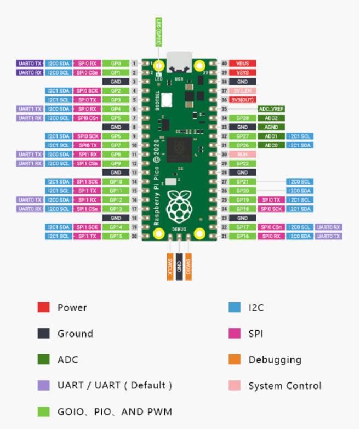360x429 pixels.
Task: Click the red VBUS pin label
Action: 243,64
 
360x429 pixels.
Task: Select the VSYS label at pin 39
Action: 243,72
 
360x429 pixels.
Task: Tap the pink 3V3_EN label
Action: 243,90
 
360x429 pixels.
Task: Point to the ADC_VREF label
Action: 271,109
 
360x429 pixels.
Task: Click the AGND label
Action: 271,127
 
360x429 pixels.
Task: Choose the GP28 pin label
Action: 243,118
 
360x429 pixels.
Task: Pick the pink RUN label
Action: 243,155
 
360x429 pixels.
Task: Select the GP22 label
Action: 243,163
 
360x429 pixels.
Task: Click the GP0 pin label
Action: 116,64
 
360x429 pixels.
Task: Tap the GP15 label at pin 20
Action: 116,236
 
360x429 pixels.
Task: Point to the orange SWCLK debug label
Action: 170,266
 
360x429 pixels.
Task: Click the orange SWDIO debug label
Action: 188,266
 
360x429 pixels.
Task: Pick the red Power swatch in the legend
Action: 44,307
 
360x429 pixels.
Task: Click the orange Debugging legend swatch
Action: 235,360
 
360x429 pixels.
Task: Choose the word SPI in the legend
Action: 256,334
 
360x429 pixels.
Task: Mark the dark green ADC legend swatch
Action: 44,360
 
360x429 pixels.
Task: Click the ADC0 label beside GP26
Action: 271,145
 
